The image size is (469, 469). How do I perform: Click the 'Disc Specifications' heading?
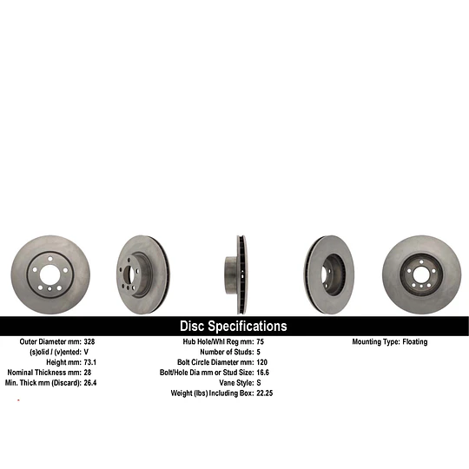click(x=234, y=326)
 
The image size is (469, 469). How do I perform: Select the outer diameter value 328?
click(x=89, y=341)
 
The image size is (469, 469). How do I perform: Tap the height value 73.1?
click(x=90, y=362)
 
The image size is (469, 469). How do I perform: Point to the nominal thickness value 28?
click(x=88, y=373)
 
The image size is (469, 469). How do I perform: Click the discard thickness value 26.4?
click(x=90, y=382)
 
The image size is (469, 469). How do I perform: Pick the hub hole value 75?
click(x=261, y=341)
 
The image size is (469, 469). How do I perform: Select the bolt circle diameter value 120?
click(x=261, y=362)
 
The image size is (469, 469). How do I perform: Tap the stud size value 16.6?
click(x=262, y=373)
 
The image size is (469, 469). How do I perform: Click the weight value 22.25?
click(x=264, y=393)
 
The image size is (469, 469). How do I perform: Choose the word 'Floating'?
click(x=415, y=342)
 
